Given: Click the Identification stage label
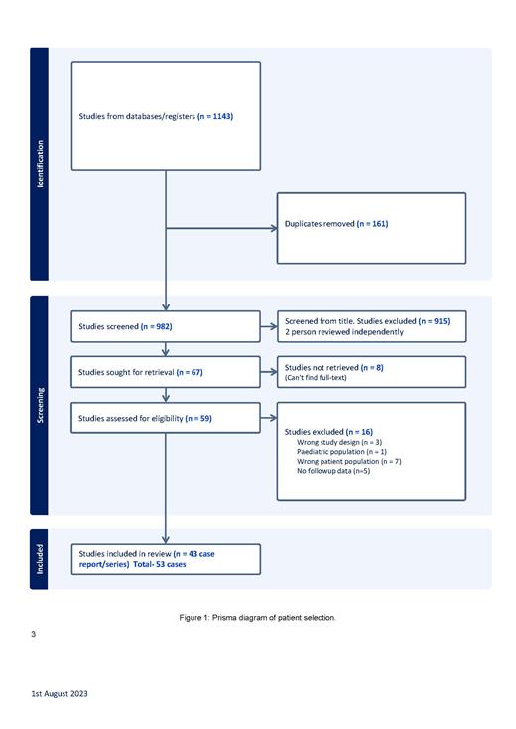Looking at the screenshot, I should click(40, 164).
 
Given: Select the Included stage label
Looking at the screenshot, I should click(40, 558).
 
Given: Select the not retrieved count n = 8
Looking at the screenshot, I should click(372, 367).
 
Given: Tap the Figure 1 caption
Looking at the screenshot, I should click(257, 617).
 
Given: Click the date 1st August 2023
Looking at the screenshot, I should click(59, 693).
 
